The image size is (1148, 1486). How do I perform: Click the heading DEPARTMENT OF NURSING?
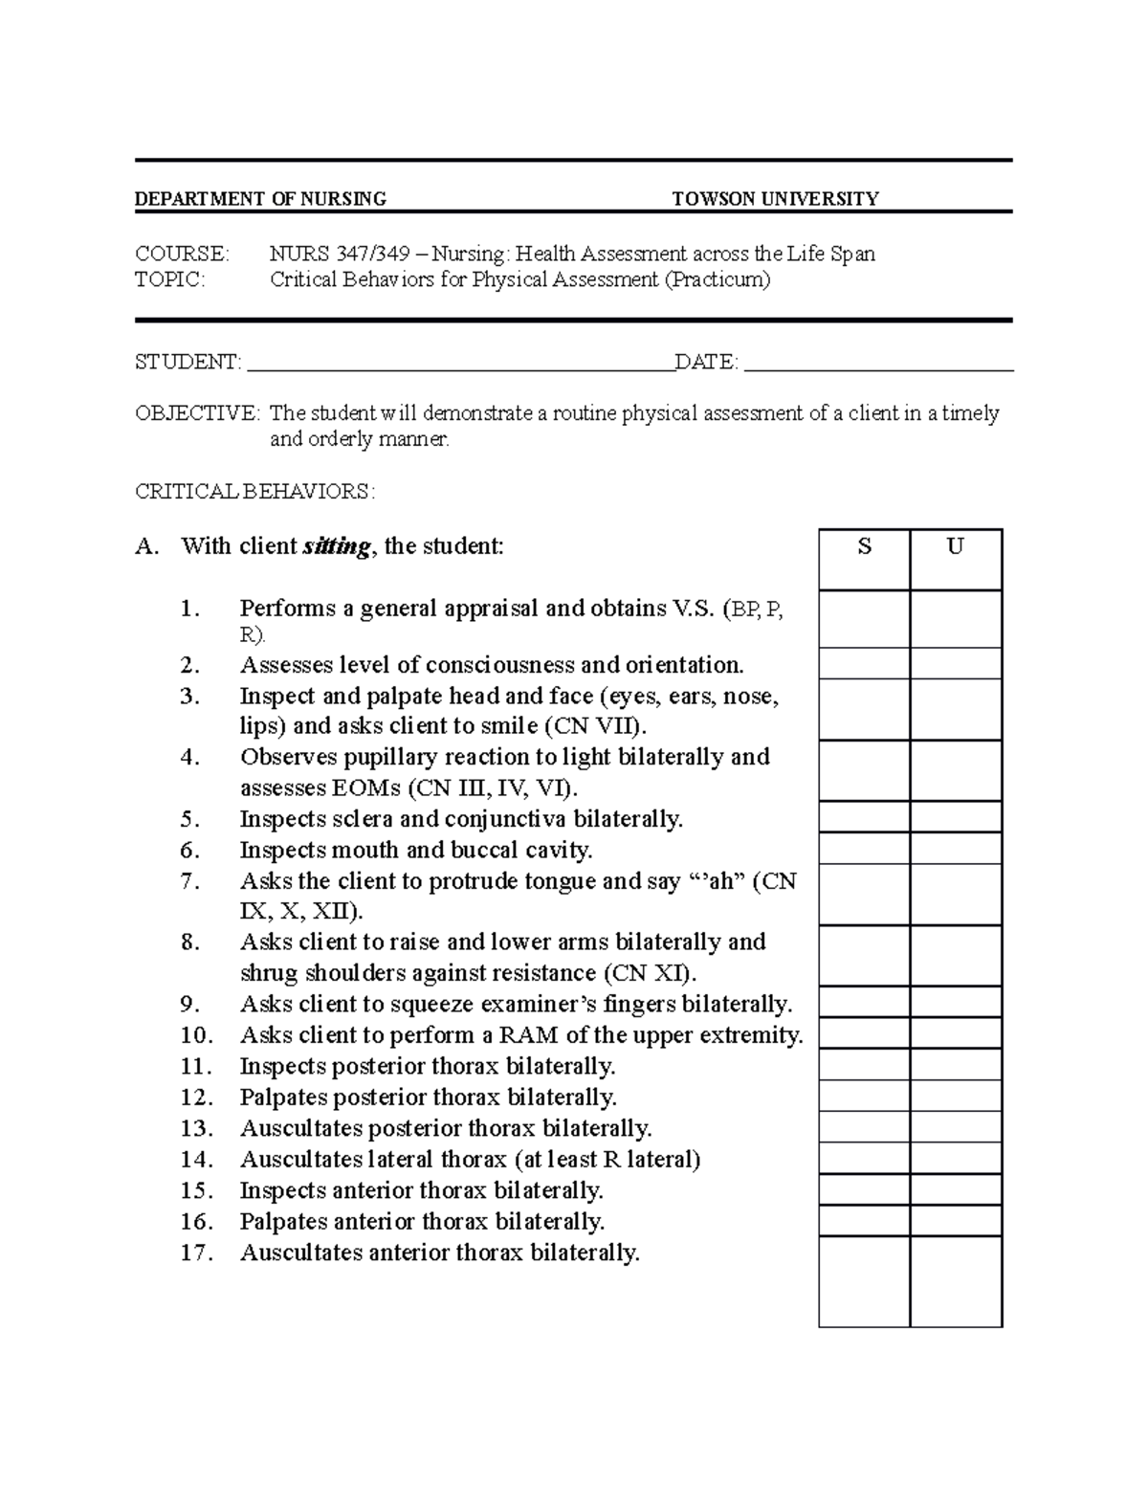pyautogui.click(x=260, y=199)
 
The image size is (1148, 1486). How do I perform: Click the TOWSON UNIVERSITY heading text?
pyautogui.click(x=775, y=199)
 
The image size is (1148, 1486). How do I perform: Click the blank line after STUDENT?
pyautogui.click(x=460, y=363)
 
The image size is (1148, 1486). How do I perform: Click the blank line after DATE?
pyautogui.click(x=878, y=363)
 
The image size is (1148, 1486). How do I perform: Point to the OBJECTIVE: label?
pyautogui.click(x=197, y=413)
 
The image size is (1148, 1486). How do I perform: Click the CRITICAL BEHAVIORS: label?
pyautogui.click(x=254, y=492)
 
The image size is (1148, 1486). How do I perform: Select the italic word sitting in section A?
pyautogui.click(x=336, y=547)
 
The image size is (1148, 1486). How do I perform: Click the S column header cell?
pyautogui.click(x=864, y=559)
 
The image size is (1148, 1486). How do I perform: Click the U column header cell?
pyautogui.click(x=955, y=559)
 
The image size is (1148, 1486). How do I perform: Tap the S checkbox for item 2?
pyautogui.click(x=864, y=664)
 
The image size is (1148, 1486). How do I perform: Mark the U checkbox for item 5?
pyautogui.click(x=955, y=818)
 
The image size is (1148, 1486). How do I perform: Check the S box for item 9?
pyautogui.click(x=864, y=1003)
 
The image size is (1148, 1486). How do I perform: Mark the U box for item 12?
pyautogui.click(x=955, y=1096)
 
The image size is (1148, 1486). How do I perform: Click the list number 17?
pyautogui.click(x=195, y=1253)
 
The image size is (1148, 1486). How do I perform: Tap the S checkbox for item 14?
pyautogui.click(x=864, y=1159)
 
